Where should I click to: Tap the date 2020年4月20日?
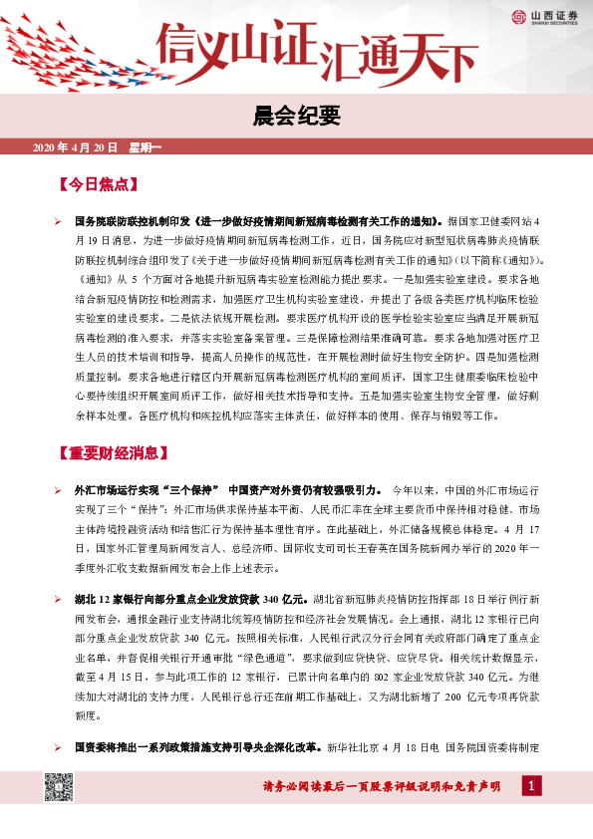(x=76, y=147)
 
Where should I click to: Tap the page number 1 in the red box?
(x=537, y=788)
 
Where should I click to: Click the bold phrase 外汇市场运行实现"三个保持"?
(x=148, y=491)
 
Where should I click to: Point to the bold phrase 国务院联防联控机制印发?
(x=134, y=221)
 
